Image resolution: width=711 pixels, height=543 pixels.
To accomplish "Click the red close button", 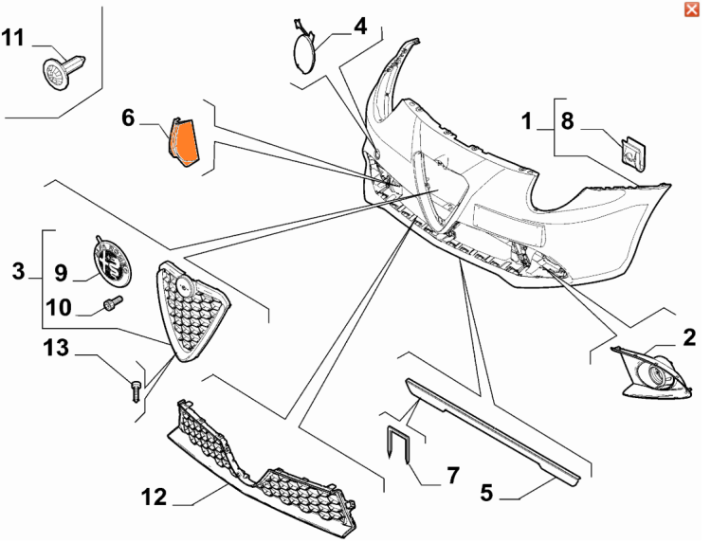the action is (x=691, y=9).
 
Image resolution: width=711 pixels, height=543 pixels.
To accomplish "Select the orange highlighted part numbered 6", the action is (x=184, y=142).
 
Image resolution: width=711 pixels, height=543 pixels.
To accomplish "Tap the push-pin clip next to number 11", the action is (x=64, y=72).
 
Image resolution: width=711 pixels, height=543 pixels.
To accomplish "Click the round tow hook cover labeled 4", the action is (x=303, y=49).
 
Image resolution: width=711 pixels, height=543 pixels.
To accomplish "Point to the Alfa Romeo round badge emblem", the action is (x=112, y=261).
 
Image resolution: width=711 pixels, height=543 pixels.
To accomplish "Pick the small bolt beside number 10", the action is (x=113, y=303).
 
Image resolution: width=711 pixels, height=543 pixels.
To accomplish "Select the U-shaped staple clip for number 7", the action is (x=398, y=443).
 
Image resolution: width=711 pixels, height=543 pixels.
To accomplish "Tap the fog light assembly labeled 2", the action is (x=652, y=373).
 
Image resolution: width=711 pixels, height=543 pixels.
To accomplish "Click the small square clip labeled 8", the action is (x=633, y=154).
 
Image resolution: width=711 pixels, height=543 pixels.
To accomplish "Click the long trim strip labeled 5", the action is (x=492, y=428).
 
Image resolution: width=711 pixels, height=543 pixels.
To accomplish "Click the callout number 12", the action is (x=155, y=498).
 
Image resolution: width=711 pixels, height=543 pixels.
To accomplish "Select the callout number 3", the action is (x=18, y=271).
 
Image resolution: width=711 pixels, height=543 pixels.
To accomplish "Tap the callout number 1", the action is (x=526, y=121).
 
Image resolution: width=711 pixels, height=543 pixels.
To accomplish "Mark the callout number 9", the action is (x=62, y=273).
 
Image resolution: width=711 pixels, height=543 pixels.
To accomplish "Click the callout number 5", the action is (x=486, y=492).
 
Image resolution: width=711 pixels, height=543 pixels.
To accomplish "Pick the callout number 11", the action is (x=12, y=38).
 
